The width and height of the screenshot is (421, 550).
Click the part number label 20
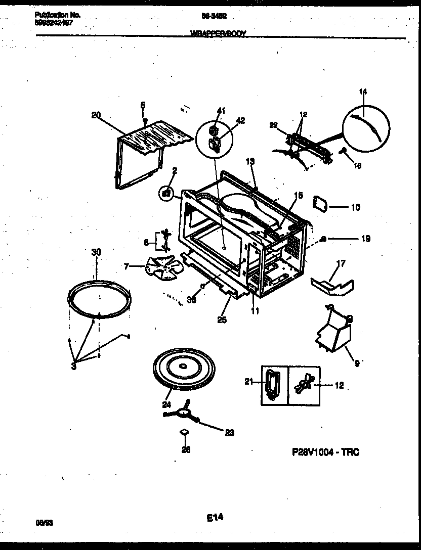coord(96,115)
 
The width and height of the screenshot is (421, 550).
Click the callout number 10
coord(355,207)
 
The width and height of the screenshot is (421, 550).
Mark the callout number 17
coord(341,263)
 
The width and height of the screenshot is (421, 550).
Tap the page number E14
coord(215,517)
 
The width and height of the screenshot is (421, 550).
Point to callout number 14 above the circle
coord(363,91)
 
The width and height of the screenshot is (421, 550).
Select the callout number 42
coord(240,120)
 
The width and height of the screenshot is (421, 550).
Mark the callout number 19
coord(365,239)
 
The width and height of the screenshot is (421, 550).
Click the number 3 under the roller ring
coord(74,366)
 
